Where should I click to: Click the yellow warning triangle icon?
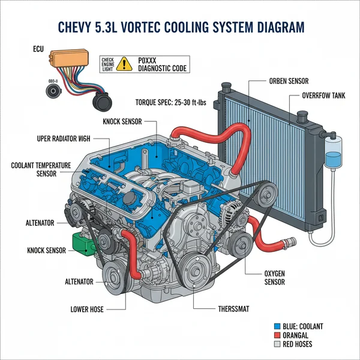click(125, 62)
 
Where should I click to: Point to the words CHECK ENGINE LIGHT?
click(108, 63)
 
